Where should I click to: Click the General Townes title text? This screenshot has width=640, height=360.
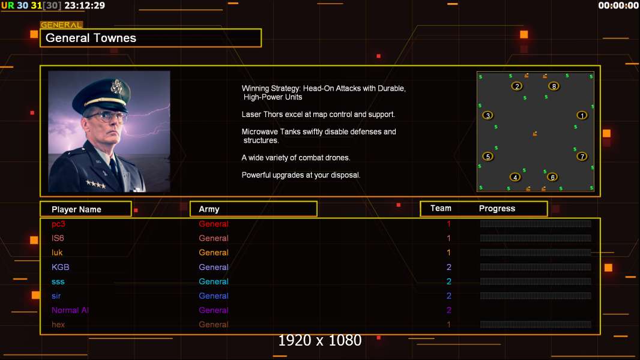(91, 38)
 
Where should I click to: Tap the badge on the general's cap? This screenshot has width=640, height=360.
(117, 87)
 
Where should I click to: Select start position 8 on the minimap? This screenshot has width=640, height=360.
(554, 86)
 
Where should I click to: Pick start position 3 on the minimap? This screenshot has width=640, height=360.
(488, 115)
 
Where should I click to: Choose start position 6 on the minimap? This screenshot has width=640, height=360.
(552, 177)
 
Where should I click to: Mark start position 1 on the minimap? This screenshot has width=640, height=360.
(582, 115)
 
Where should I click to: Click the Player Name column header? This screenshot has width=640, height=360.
(76, 209)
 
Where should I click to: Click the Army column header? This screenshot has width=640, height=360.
(209, 209)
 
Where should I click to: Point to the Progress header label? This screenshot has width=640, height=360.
(497, 209)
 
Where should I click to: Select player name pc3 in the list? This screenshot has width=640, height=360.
(58, 224)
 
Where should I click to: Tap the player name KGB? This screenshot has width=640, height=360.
(60, 267)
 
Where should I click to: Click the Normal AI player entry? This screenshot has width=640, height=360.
(70, 310)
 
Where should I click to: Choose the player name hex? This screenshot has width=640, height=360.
(58, 325)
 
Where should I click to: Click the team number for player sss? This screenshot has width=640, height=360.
(448, 281)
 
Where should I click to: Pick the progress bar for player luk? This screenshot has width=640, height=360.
(536, 253)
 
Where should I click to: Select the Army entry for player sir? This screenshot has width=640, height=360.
(214, 296)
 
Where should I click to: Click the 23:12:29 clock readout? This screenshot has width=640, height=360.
(85, 5)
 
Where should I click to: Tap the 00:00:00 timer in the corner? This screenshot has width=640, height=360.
(618, 5)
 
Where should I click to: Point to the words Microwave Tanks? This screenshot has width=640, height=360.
(270, 132)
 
